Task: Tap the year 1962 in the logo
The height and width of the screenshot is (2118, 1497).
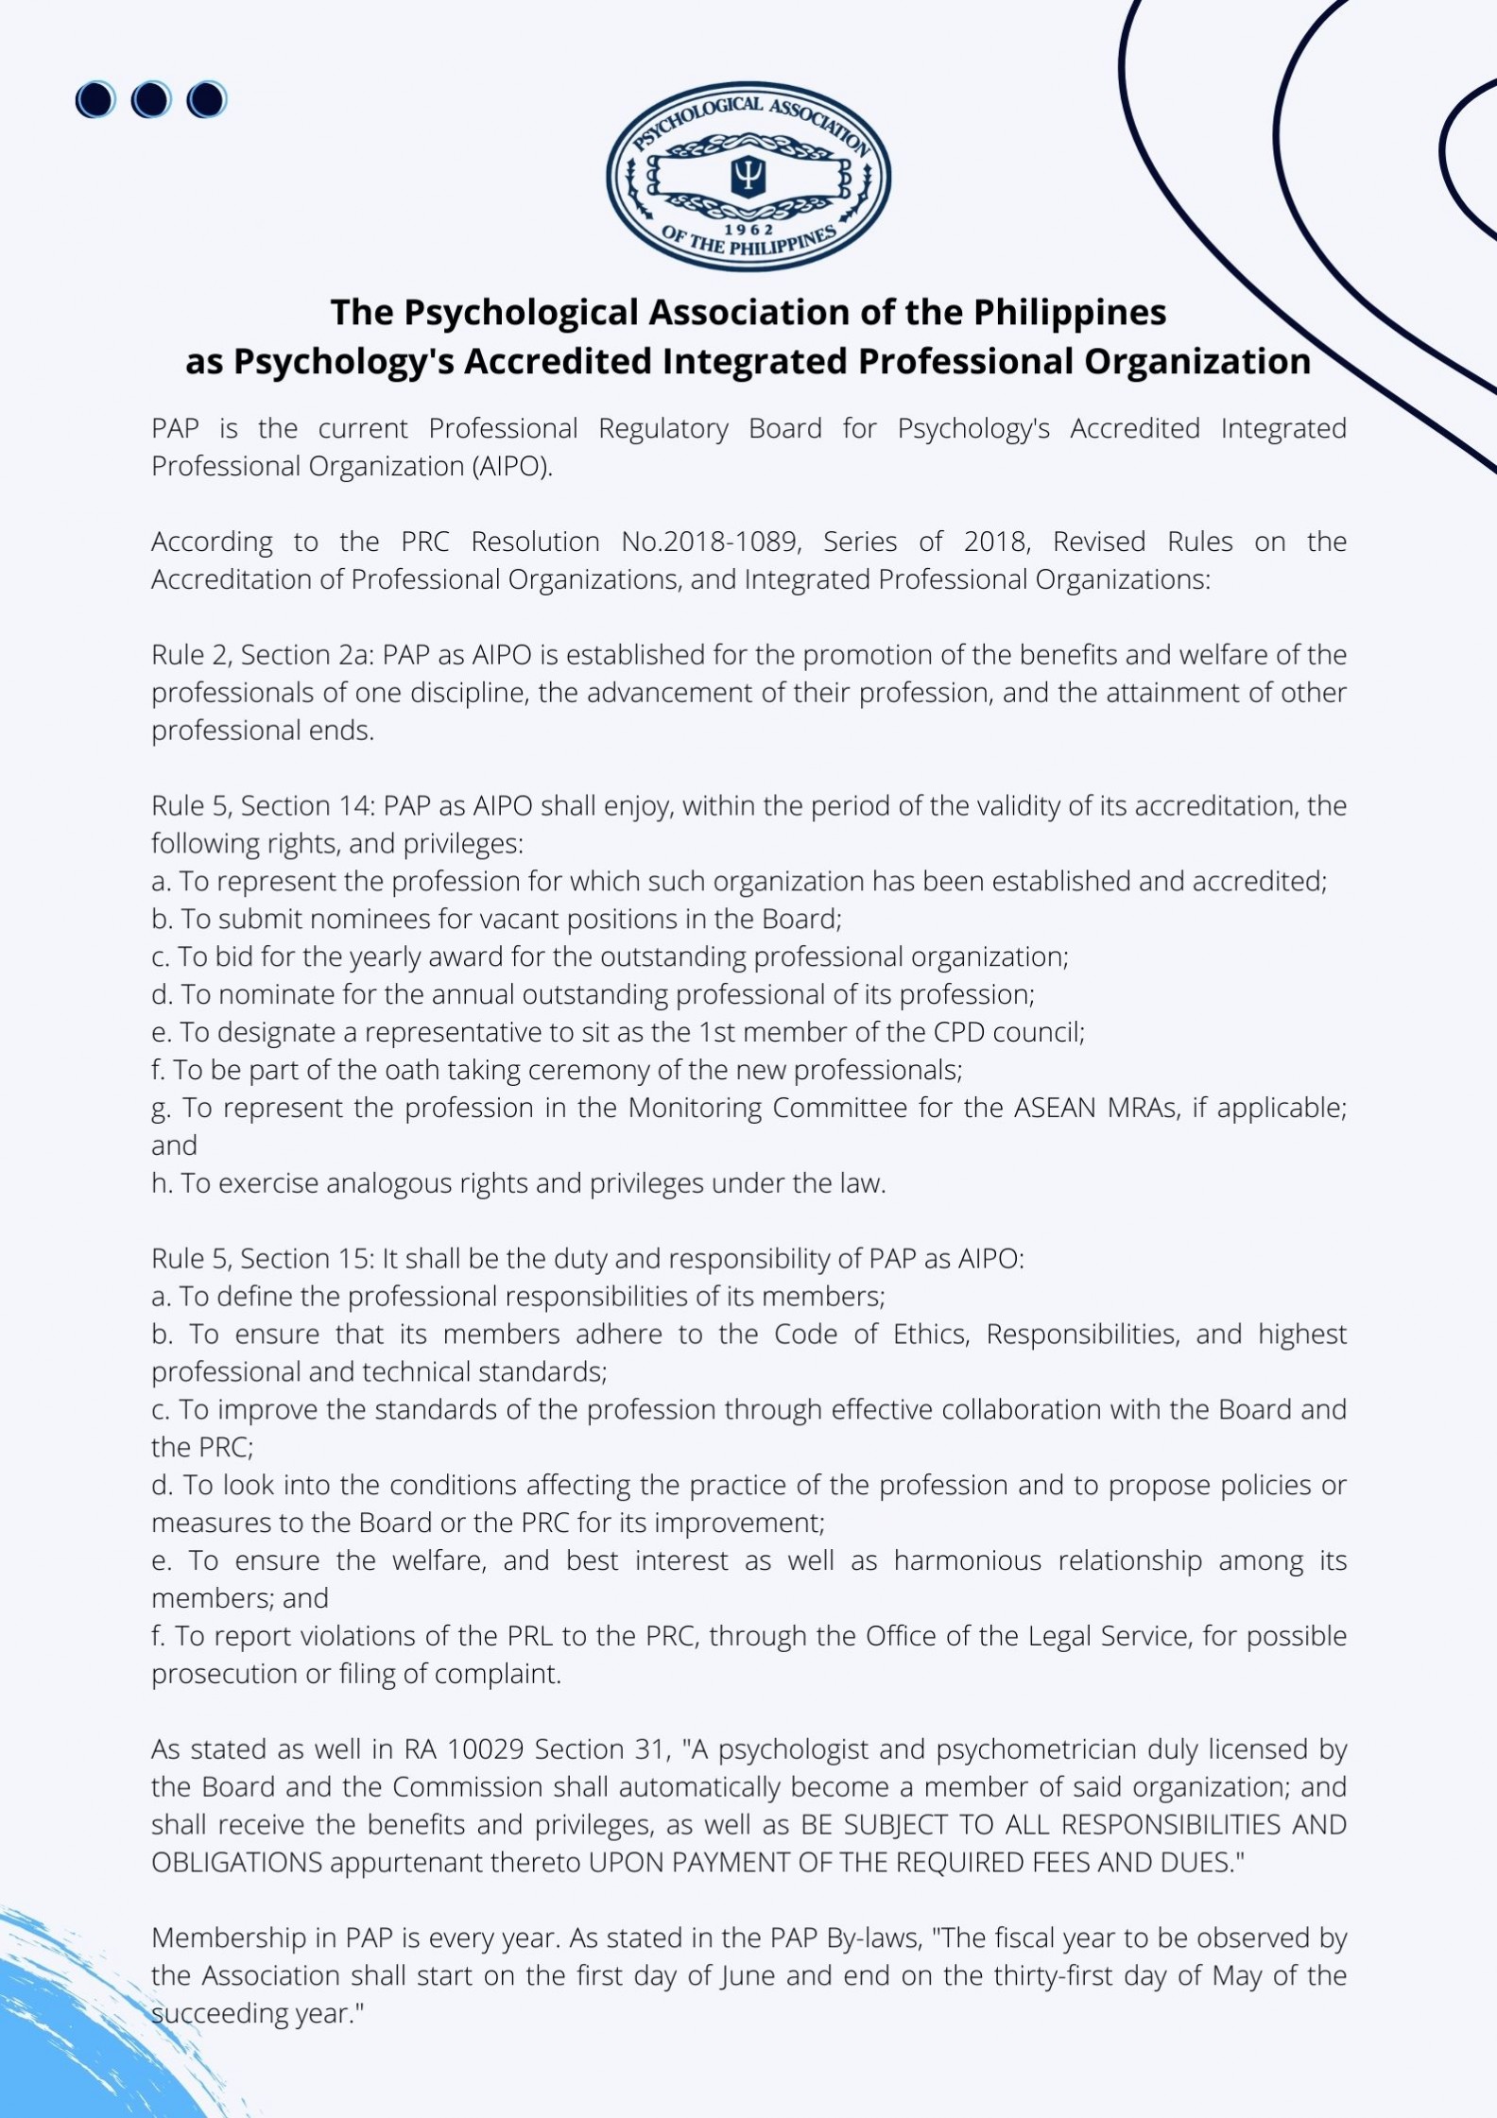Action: [748, 230]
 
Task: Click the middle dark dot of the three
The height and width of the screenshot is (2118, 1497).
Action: [151, 99]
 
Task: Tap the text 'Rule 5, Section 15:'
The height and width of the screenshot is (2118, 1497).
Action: [263, 1258]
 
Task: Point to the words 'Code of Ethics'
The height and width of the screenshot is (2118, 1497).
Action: [870, 1334]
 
